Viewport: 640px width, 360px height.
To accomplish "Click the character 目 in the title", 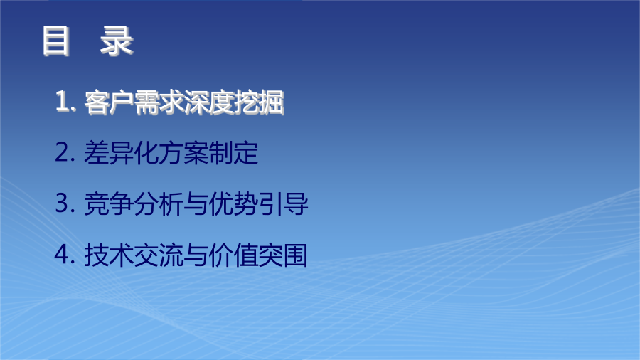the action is [x=56, y=41].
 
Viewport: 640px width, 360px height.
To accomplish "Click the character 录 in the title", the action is [x=117, y=41].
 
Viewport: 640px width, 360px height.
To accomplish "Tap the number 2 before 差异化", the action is [x=63, y=152].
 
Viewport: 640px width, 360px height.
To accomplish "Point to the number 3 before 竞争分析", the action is [x=63, y=203].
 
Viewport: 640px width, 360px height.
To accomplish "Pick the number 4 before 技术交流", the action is [x=63, y=254].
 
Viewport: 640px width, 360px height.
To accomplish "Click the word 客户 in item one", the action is [x=109, y=102].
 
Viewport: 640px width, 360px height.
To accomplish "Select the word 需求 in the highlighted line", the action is [x=159, y=102].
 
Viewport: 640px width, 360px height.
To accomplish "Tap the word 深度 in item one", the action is [x=208, y=102].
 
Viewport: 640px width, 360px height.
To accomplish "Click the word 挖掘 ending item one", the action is [x=258, y=102].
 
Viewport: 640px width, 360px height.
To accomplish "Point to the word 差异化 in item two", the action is [x=121, y=153].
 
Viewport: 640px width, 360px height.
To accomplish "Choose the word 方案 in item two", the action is [x=183, y=153].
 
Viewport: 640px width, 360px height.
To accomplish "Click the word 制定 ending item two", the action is [x=233, y=153].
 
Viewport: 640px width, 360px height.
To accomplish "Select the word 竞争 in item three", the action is [x=109, y=203].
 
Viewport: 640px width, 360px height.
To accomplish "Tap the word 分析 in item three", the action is [x=159, y=203].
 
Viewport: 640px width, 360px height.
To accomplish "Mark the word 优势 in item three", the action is [x=233, y=203].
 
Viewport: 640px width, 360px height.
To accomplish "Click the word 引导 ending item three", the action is [x=283, y=203].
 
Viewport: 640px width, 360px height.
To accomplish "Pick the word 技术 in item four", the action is [x=109, y=255].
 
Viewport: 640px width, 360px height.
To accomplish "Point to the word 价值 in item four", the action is [x=233, y=255].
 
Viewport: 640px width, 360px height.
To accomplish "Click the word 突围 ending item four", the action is [x=283, y=255].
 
